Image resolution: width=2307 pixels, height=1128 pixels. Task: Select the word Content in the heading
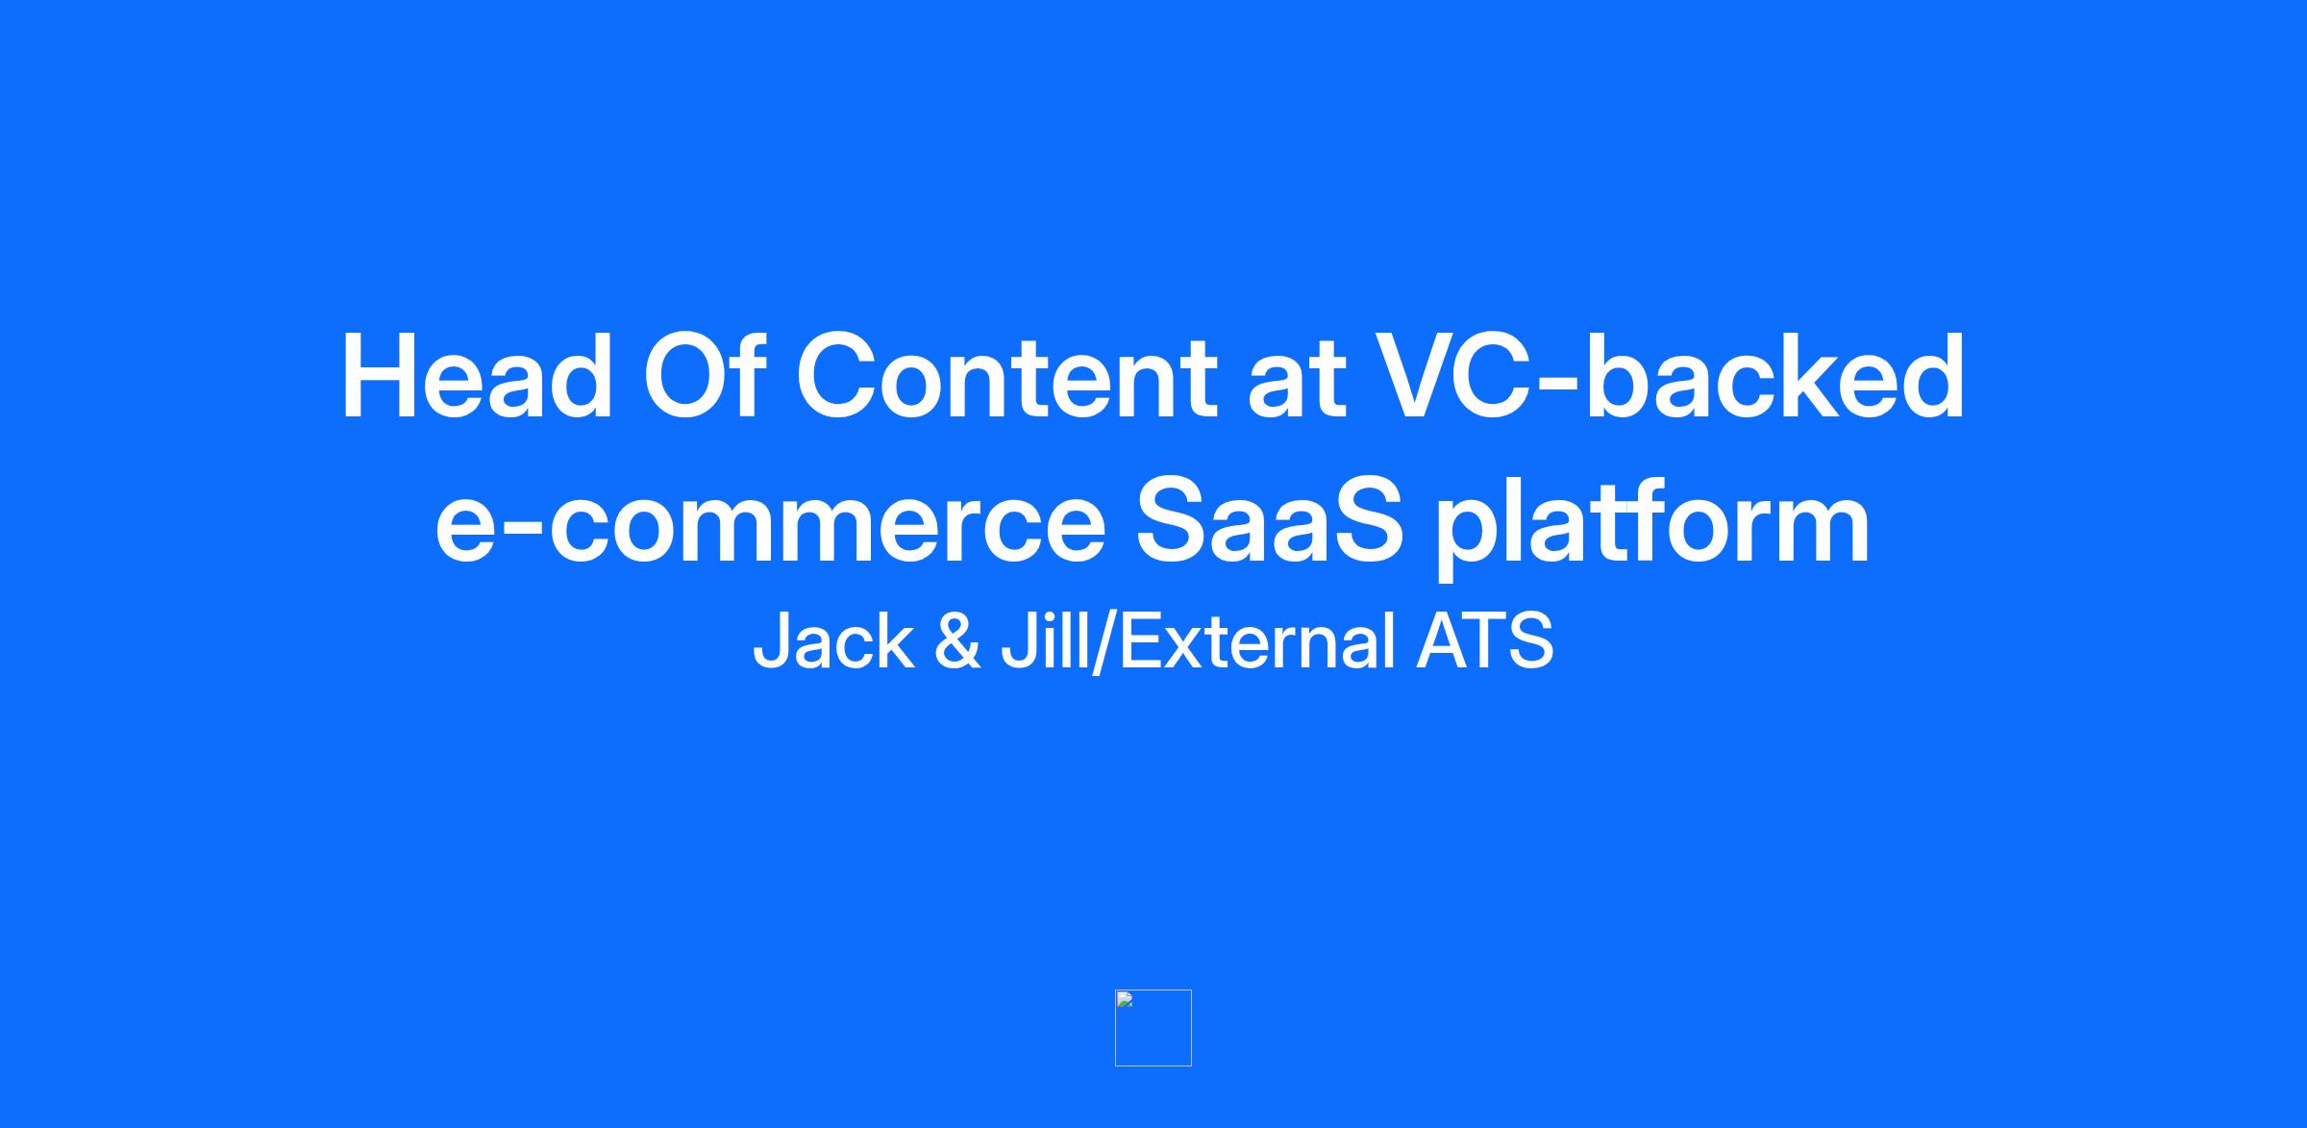(x=1007, y=376)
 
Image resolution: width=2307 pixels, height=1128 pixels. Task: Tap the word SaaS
(x=1270, y=519)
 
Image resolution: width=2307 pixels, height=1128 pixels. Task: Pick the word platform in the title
(x=1652, y=526)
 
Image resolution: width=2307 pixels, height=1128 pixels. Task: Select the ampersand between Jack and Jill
(x=957, y=641)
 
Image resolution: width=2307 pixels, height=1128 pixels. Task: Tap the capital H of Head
(x=382, y=376)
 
